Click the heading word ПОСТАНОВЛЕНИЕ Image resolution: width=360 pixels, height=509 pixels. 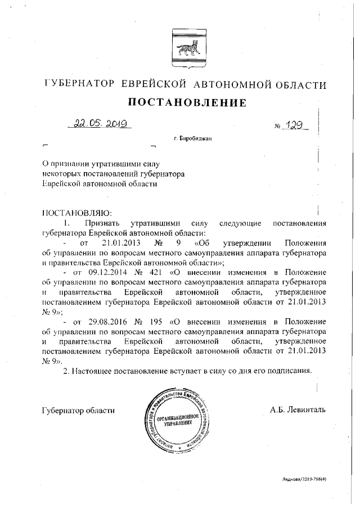(x=181, y=103)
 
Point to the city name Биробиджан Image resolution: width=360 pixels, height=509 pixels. (x=196, y=138)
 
